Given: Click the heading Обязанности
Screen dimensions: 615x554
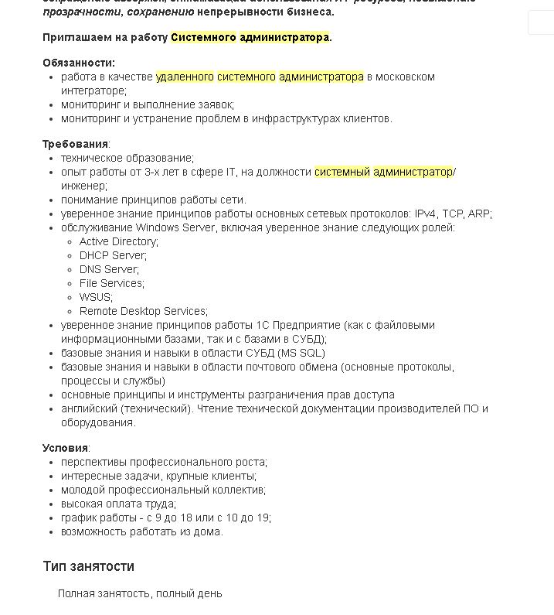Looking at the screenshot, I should pyautogui.click(x=78, y=63).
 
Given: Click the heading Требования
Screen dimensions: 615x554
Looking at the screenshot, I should pyautogui.click(x=75, y=144).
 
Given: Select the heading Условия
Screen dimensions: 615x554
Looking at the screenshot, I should pyautogui.click(x=66, y=448).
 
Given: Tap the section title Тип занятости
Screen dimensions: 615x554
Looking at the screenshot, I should pyautogui.click(x=88, y=566).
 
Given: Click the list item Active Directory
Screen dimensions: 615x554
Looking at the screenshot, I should pyautogui.click(x=118, y=241).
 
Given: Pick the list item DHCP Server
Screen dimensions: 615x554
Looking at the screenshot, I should pyautogui.click(x=113, y=255).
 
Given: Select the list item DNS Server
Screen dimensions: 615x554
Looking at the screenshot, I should pyautogui.click(x=109, y=269).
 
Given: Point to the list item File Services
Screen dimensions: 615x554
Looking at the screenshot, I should pyautogui.click(x=111, y=283).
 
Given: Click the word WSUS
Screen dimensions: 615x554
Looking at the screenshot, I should pyautogui.click(x=95, y=297).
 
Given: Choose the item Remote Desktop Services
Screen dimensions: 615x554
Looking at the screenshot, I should pyautogui.click(x=143, y=311).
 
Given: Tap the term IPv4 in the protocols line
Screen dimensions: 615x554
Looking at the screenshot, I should pyautogui.click(x=425, y=214).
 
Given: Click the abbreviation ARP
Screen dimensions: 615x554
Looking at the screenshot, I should pyautogui.click(x=478, y=214).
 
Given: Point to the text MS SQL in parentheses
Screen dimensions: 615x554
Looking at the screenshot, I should pyautogui.click(x=301, y=353).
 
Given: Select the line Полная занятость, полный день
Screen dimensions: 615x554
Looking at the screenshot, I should pyautogui.click(x=140, y=593).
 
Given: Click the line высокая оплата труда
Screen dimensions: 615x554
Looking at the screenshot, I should pyautogui.click(x=118, y=504).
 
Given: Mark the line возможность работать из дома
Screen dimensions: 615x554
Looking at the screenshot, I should pyautogui.click(x=141, y=531).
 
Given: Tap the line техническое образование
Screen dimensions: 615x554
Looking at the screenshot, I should pyautogui.click(x=127, y=158).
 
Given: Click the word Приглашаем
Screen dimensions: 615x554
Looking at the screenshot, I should pyautogui.click(x=76, y=37).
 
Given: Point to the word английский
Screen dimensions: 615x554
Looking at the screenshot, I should pyautogui.click(x=87, y=408).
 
